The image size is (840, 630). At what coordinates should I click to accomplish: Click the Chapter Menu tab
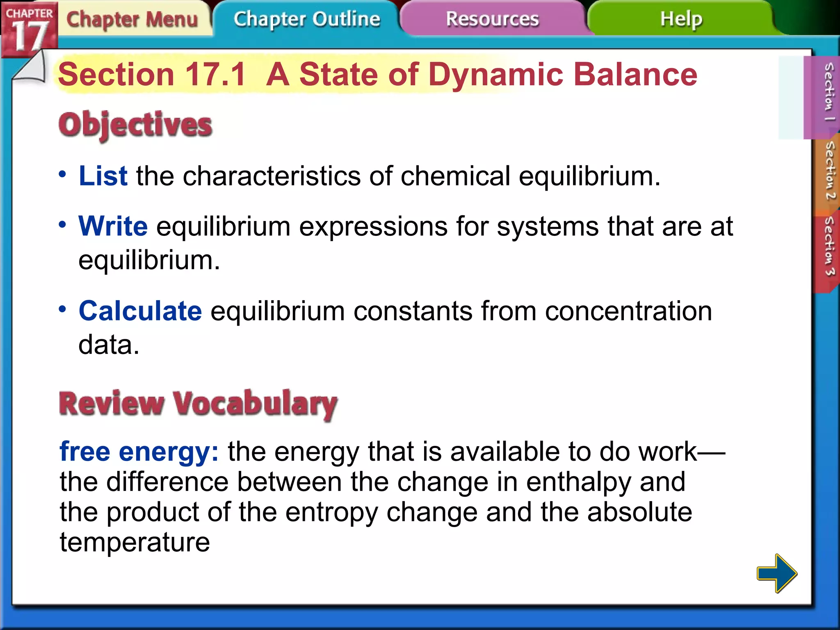(132, 20)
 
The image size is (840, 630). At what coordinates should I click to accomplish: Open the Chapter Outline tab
(307, 20)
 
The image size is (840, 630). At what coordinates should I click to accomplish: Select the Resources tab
(492, 19)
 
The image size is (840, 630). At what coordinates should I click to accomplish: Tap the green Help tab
(681, 19)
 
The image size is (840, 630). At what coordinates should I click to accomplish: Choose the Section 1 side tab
(828, 92)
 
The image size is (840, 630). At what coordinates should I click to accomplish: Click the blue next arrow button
(776, 573)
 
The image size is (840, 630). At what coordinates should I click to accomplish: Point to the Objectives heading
(135, 125)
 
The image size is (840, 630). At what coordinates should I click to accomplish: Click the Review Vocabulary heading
(198, 404)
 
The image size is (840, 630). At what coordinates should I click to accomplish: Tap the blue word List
(103, 176)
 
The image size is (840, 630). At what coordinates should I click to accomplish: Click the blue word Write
(113, 226)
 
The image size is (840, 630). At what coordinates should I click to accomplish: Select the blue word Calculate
(140, 311)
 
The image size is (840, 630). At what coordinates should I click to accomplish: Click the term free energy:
(139, 452)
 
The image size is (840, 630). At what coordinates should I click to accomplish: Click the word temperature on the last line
(135, 543)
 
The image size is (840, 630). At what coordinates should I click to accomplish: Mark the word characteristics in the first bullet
(271, 176)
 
